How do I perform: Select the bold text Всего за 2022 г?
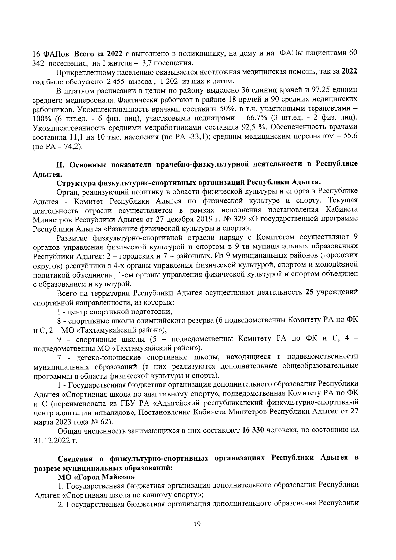pos(101,53)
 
